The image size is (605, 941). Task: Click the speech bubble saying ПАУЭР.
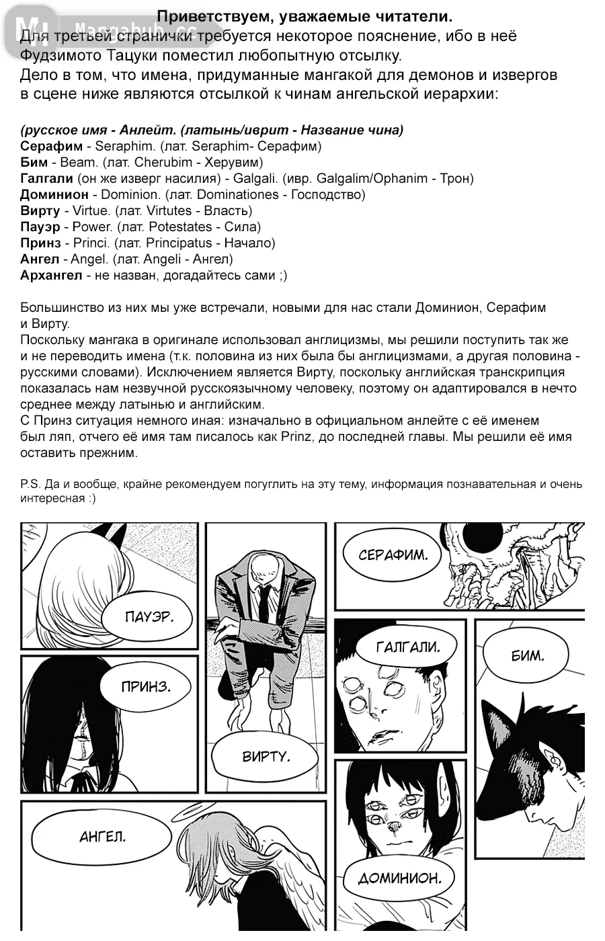click(149, 617)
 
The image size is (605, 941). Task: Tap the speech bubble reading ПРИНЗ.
click(146, 686)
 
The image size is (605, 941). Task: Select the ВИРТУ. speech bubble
click(266, 757)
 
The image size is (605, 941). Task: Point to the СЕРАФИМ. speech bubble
click(393, 555)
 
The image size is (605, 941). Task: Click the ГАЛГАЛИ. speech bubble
click(407, 648)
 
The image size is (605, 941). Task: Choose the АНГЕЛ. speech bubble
click(103, 837)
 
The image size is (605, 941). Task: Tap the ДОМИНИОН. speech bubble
click(399, 878)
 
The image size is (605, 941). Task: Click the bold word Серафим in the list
click(52, 146)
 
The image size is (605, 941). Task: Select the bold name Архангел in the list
click(51, 275)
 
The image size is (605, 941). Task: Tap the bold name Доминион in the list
click(54, 194)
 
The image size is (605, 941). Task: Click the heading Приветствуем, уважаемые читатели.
click(305, 15)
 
